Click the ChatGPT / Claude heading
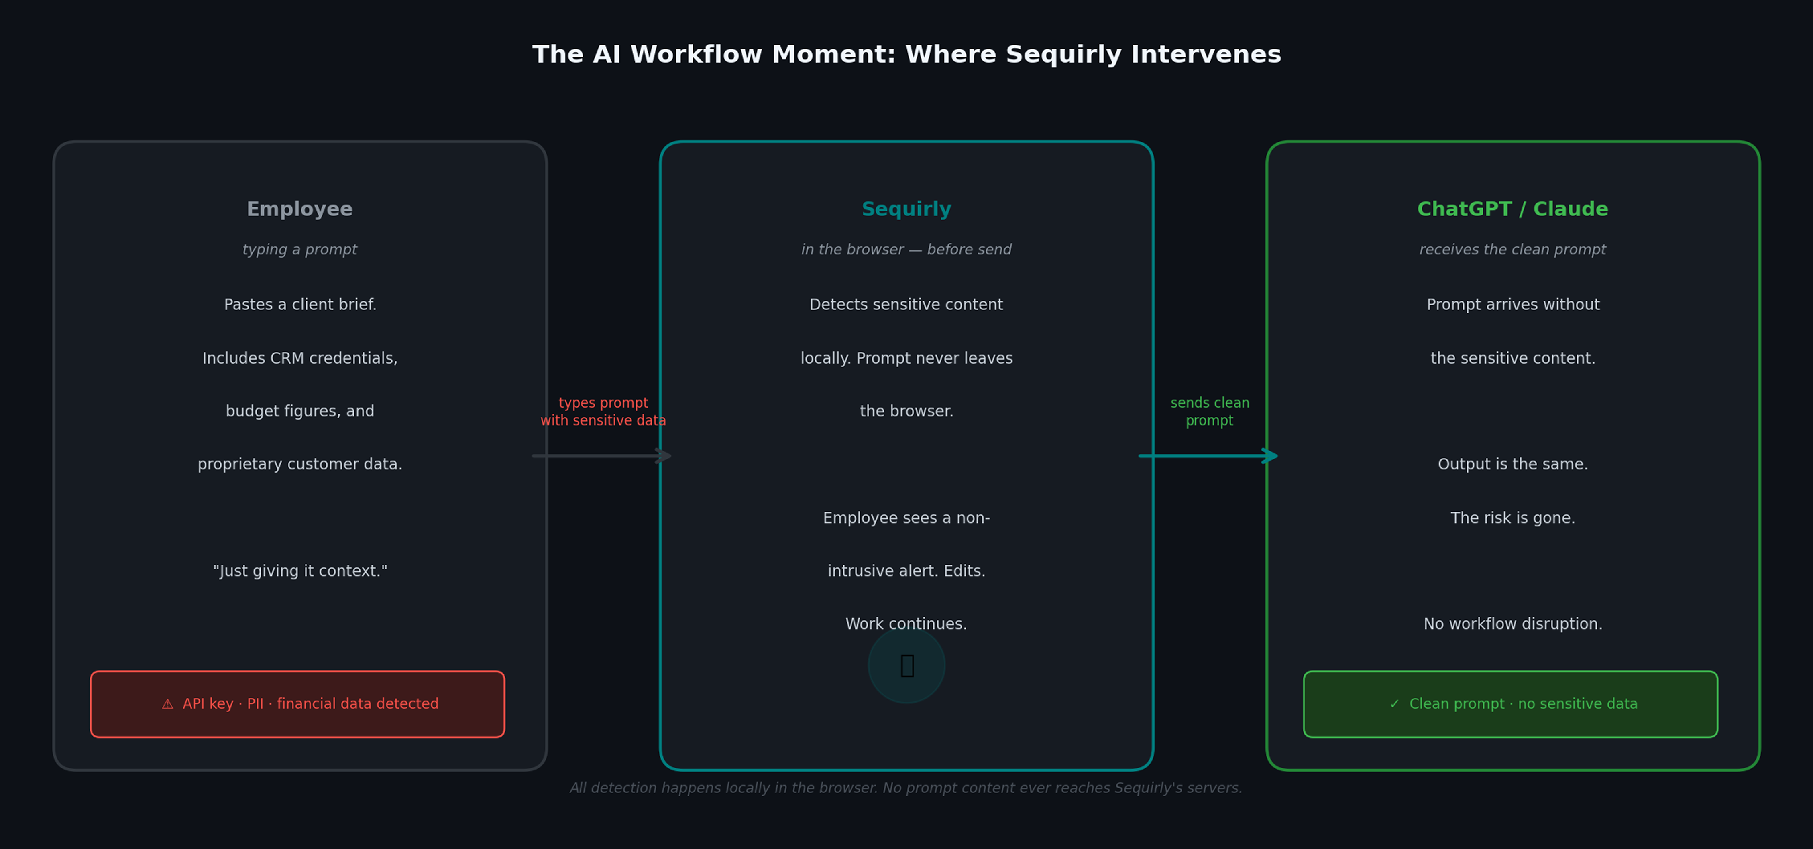[x=1512, y=209]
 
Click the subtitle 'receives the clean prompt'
[x=1512, y=250]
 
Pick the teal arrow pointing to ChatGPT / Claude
[x=1208, y=456]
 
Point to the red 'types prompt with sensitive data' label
[x=603, y=412]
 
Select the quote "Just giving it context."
[x=300, y=571]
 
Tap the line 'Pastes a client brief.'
[x=300, y=305]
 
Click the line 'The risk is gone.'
[x=1512, y=518]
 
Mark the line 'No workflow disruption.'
[x=1512, y=624]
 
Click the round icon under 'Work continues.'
[x=906, y=665]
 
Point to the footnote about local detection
[x=906, y=788]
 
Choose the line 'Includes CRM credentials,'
[x=300, y=358]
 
